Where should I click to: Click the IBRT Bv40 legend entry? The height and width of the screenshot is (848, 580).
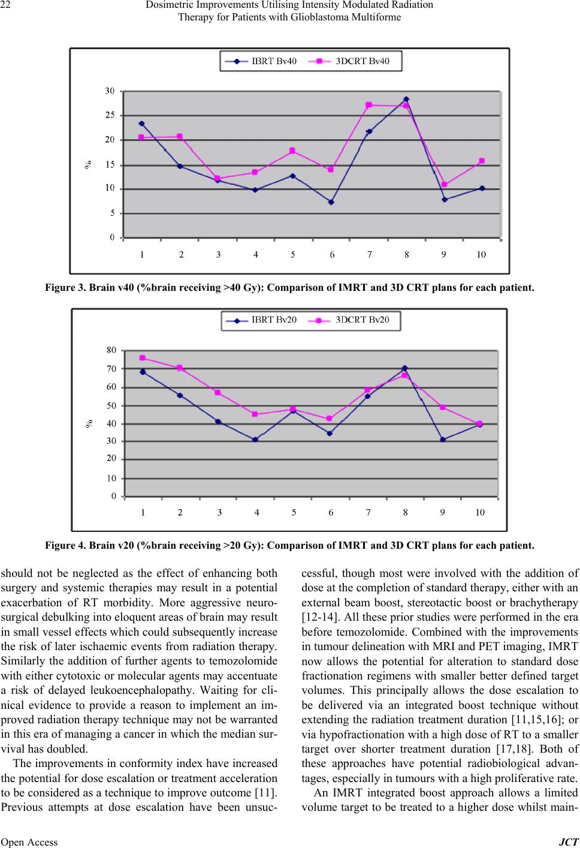tap(261, 61)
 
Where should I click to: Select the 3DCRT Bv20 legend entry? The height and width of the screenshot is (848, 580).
tap(349, 320)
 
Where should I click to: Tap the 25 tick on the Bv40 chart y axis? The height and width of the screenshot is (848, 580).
tap(110, 115)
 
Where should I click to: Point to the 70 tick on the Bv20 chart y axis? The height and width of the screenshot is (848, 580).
tap(111, 368)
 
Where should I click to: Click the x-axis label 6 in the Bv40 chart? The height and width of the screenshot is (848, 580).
tap(332, 255)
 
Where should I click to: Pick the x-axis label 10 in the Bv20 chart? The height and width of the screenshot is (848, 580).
tap(480, 513)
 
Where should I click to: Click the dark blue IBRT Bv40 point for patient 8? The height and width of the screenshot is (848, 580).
tap(406, 99)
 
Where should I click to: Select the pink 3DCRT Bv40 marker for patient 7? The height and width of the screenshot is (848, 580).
tap(369, 105)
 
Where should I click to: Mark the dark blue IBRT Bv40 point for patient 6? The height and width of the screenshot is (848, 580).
tap(331, 202)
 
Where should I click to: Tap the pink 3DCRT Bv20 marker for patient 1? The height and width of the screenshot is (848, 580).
tap(142, 358)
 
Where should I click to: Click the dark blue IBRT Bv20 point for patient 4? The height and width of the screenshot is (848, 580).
tap(255, 440)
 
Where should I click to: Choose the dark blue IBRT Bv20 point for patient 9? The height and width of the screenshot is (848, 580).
tap(443, 440)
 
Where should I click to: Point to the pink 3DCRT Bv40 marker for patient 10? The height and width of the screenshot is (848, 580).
tap(482, 161)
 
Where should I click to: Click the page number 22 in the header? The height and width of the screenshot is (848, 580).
tap(5, 5)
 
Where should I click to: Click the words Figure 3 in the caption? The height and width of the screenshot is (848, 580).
tap(65, 288)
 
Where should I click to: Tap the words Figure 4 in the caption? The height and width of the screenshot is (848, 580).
tap(65, 546)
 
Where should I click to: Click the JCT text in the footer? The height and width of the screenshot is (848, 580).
tap(569, 841)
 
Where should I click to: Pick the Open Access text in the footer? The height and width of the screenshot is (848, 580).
tap(29, 841)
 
